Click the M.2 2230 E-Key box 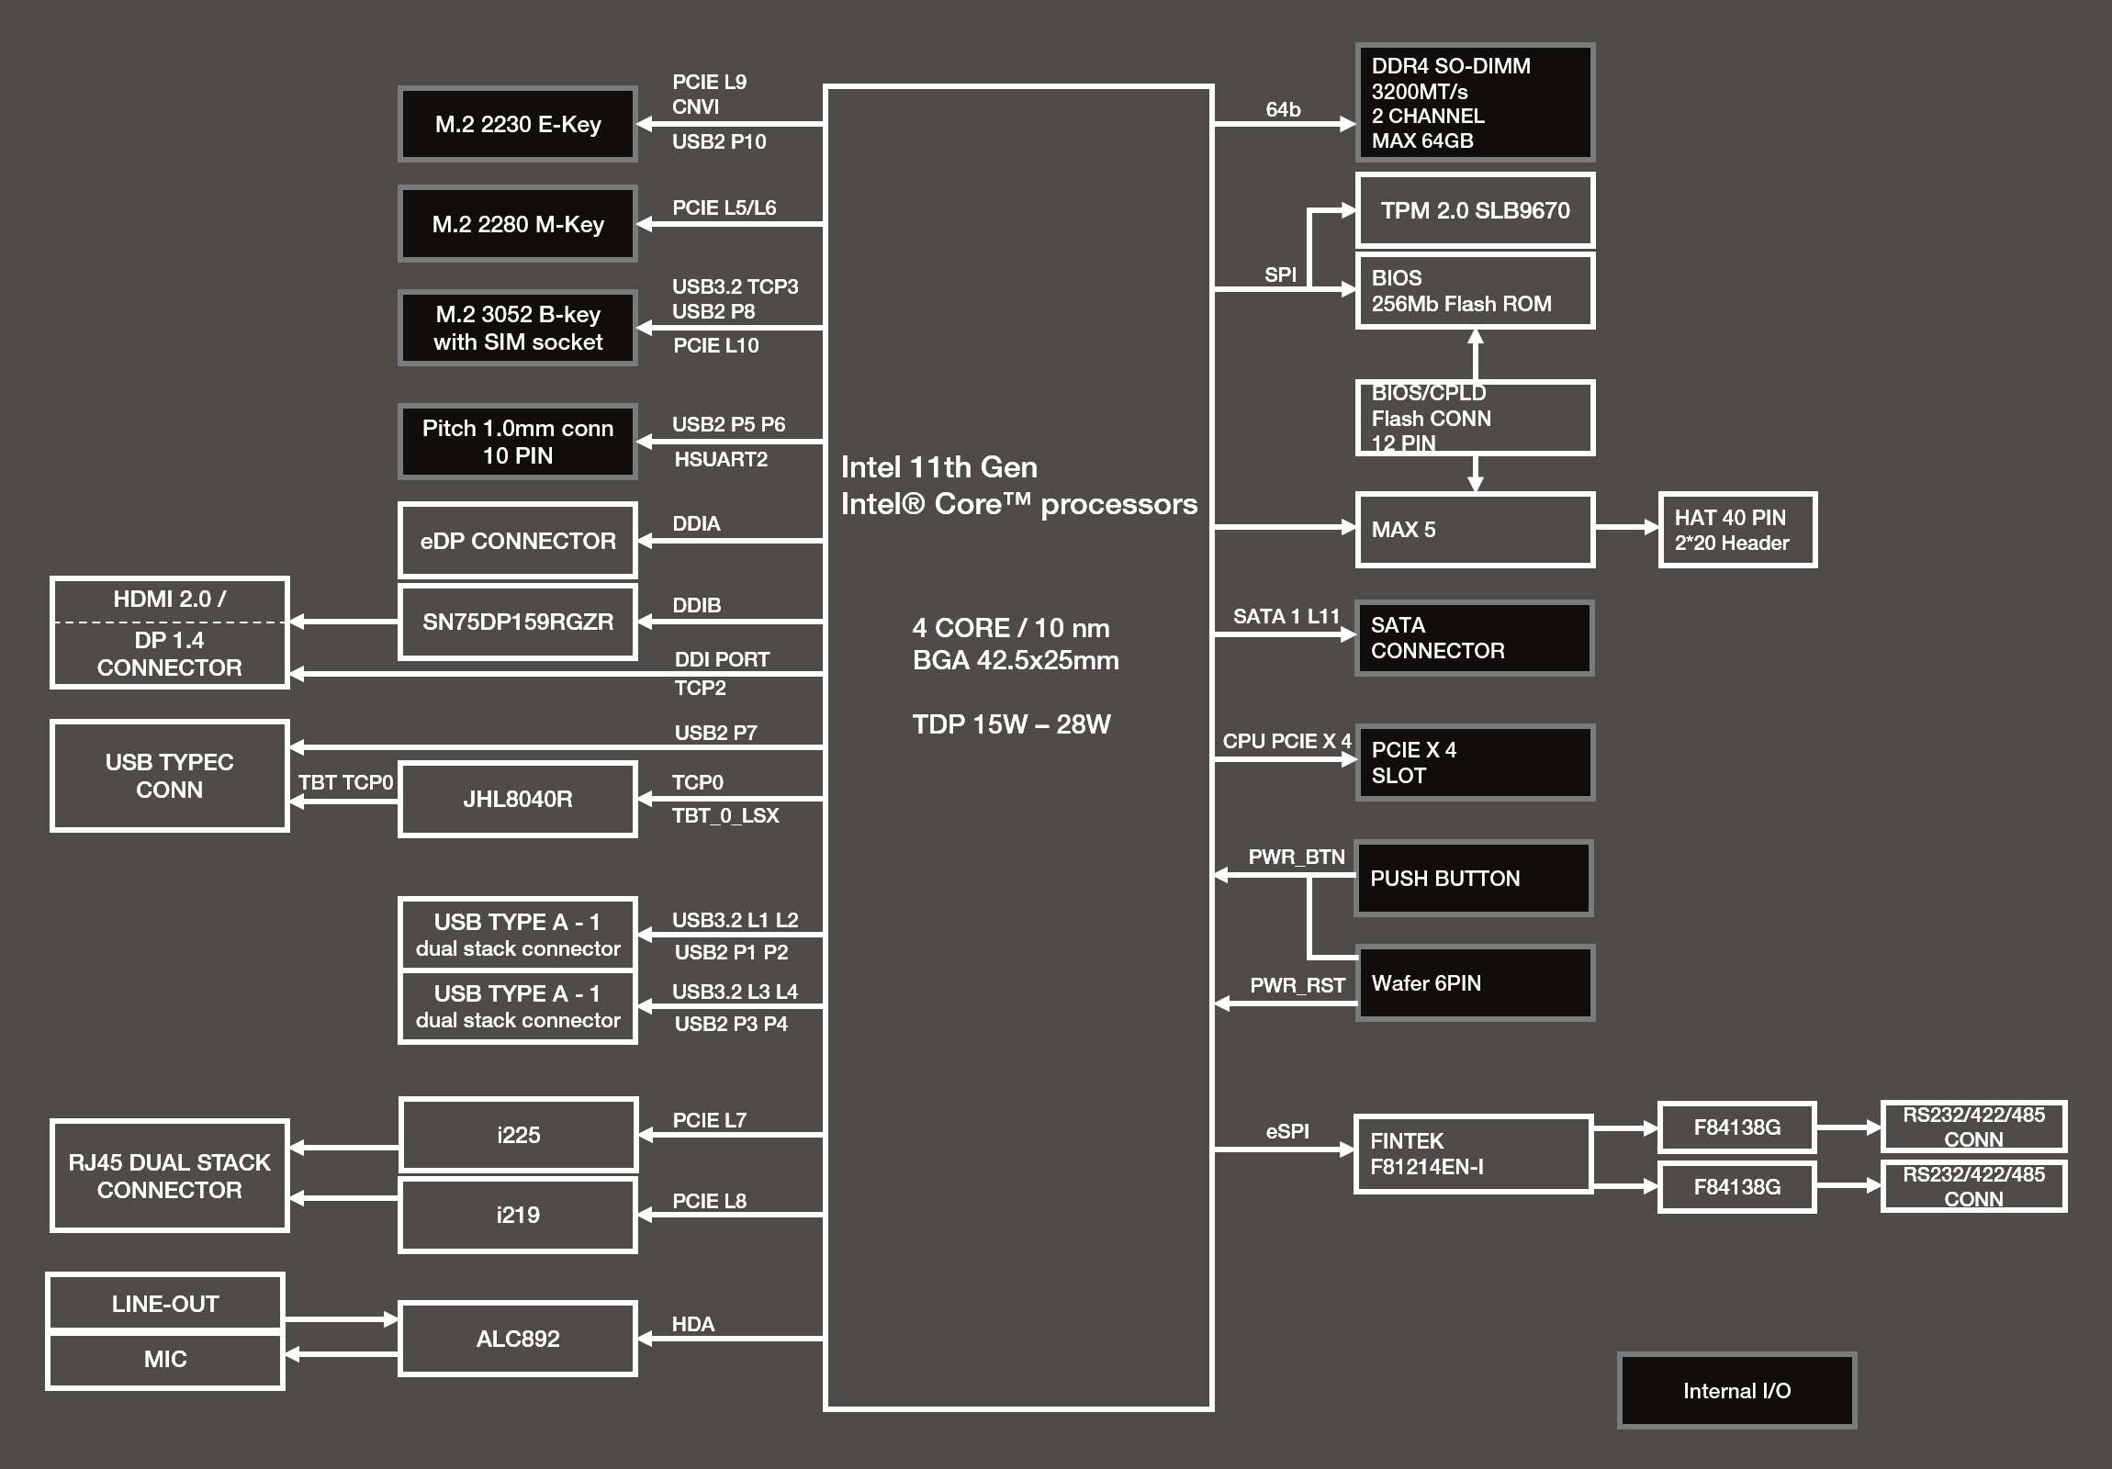(517, 124)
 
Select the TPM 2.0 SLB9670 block (1475, 210)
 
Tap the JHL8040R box (517, 799)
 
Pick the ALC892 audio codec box (517, 1339)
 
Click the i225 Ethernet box (517, 1134)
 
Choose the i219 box (517, 1214)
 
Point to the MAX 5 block (1475, 529)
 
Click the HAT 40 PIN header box (1737, 530)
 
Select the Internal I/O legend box (1736, 1390)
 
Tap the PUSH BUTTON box (1474, 878)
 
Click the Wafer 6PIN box (1475, 982)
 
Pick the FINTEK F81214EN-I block (1473, 1153)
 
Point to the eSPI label (1286, 1131)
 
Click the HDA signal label (692, 1324)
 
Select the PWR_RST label (1297, 985)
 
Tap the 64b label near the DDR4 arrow (1283, 109)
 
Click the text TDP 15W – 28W (1011, 723)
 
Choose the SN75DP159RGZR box (517, 622)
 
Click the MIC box (164, 1360)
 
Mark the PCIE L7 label (709, 1120)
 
